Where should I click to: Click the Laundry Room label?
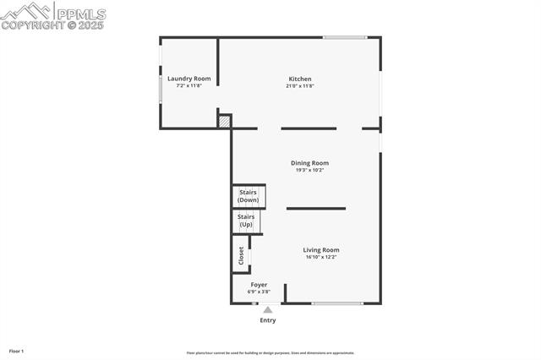(189, 79)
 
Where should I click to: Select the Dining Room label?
(309, 163)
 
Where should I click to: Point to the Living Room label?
(321, 249)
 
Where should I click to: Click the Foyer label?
(259, 285)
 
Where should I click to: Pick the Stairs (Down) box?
(249, 196)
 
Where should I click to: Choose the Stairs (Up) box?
(246, 221)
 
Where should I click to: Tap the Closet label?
(241, 255)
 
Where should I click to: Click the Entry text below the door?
(267, 320)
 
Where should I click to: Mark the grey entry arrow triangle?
(268, 310)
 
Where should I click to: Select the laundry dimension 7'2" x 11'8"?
(189, 85)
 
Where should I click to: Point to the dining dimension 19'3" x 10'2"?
(309, 170)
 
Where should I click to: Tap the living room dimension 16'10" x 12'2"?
(321, 257)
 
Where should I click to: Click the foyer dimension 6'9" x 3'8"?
(259, 292)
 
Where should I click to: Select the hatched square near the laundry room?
(225, 122)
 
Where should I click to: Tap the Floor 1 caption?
(17, 351)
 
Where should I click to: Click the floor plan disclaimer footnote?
(270, 353)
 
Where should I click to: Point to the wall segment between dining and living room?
(315, 208)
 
